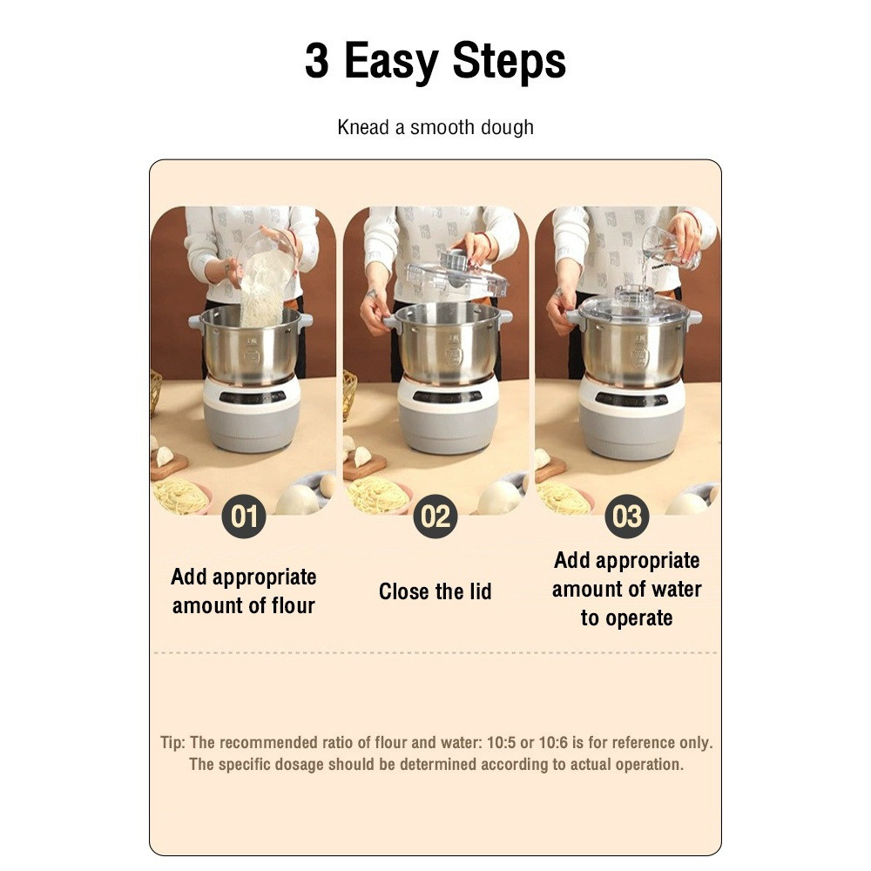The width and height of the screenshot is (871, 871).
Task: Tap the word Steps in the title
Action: click(509, 61)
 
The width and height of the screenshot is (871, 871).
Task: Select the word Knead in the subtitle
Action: click(363, 127)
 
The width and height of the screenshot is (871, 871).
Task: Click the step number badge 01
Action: click(244, 517)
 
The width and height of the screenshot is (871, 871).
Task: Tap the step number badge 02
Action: click(435, 517)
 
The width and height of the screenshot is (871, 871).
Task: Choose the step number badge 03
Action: click(627, 517)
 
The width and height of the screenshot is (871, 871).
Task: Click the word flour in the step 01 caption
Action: click(294, 605)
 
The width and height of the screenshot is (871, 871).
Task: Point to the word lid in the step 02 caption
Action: click(481, 591)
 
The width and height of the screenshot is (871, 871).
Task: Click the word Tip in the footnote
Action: click(172, 743)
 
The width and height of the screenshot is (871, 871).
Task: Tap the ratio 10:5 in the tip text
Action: click(501, 743)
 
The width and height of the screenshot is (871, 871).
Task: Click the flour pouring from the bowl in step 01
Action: click(265, 292)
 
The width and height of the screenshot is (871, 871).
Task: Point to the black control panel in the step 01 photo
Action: click(253, 397)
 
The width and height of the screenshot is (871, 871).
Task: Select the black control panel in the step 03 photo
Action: click(631, 398)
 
